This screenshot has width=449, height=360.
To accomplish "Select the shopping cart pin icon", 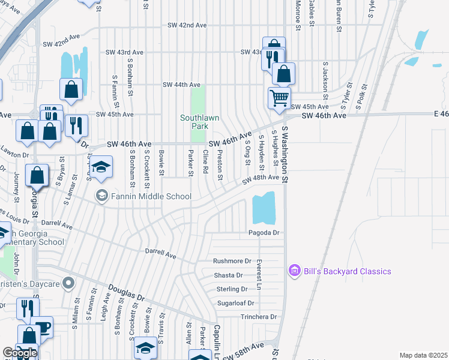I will pos(279,97).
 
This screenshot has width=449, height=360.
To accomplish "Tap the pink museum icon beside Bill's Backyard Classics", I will pos(294,272).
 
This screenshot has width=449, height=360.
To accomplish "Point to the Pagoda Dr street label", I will pos(264,233).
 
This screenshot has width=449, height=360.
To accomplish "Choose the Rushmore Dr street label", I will pos(232,261).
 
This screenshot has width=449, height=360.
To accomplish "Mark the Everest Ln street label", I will pos(259,275).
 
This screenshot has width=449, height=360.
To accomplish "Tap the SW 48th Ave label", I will pos(261,179).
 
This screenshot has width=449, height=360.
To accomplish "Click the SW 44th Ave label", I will pos(181,85).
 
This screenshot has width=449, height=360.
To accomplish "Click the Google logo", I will pos(20,353).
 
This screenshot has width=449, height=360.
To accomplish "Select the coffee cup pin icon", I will pos(42,327).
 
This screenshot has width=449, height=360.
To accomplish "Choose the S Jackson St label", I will pos(325,80).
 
